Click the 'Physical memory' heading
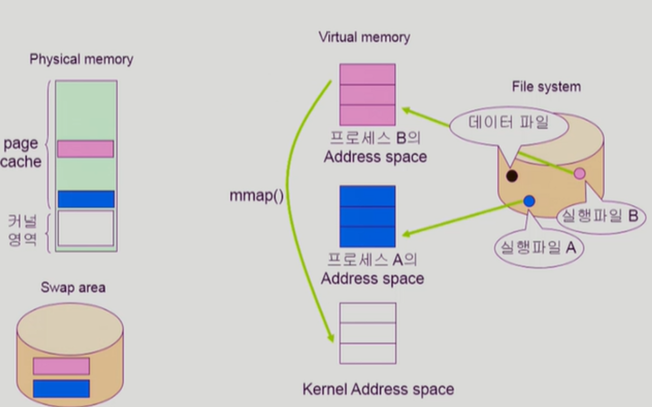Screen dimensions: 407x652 81,60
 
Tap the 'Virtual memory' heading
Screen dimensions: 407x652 364,37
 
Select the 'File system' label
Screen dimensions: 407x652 546,87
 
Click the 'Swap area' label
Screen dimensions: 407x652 73,288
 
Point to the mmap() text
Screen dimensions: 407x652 256,196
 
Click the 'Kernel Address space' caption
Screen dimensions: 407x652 378,389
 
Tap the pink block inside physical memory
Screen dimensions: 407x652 85,149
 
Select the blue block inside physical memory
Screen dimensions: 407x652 86,199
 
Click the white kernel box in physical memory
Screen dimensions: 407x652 86,228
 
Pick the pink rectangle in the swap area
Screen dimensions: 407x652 61,366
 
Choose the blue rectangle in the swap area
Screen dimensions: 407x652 61,388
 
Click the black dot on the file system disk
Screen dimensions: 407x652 512,176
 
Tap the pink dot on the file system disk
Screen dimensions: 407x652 579,174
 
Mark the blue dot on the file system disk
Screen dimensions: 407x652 529,201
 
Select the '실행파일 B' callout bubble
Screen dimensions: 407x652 600,216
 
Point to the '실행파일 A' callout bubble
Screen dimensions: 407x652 539,248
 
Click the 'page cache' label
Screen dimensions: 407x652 22,152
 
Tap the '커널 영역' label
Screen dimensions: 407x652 22,231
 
